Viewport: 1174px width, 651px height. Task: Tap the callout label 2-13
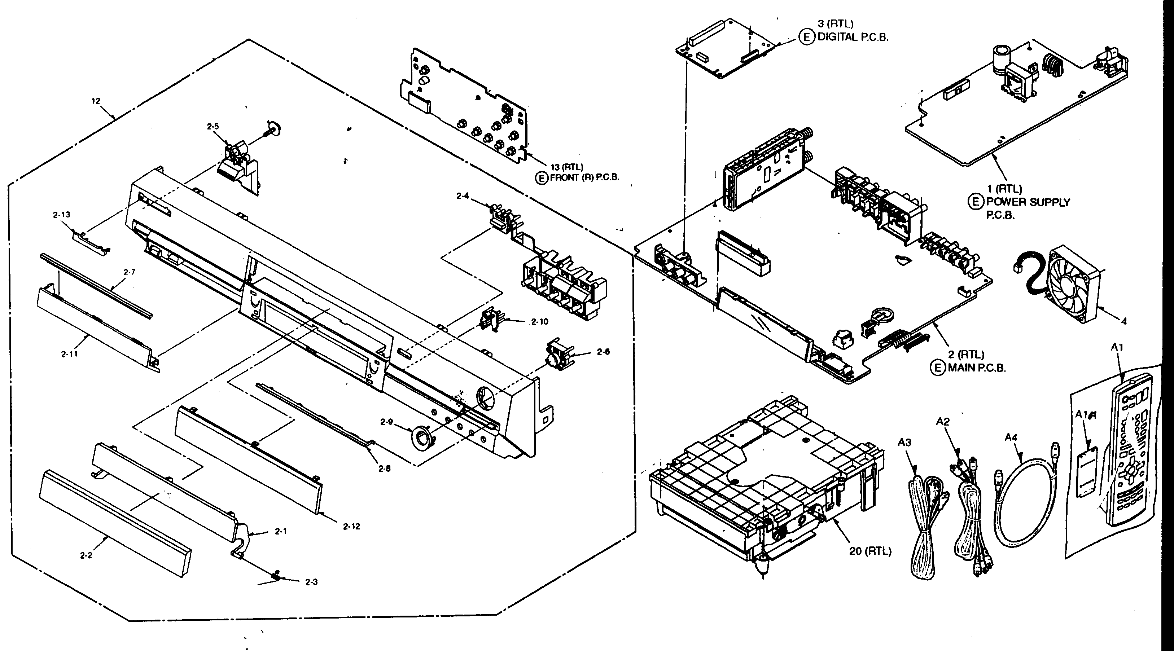coord(62,215)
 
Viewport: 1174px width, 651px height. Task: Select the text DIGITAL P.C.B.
coord(853,38)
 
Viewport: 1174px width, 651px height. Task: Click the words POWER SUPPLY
coord(1028,202)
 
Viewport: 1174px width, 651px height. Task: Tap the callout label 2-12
coord(351,526)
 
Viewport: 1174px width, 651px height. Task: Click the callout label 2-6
coord(603,352)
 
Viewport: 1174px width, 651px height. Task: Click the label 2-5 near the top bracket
coord(213,127)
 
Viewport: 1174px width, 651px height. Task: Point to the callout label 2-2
coord(86,555)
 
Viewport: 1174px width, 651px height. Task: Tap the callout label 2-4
coord(462,196)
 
